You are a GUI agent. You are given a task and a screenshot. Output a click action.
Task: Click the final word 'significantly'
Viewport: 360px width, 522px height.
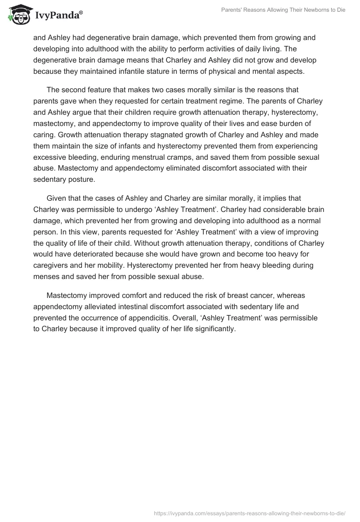point(211,329)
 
